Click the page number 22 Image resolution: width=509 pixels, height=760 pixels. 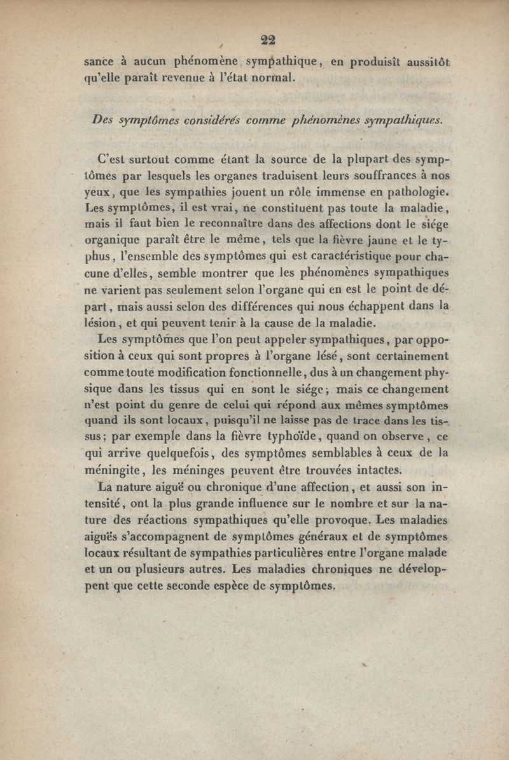point(267,39)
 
